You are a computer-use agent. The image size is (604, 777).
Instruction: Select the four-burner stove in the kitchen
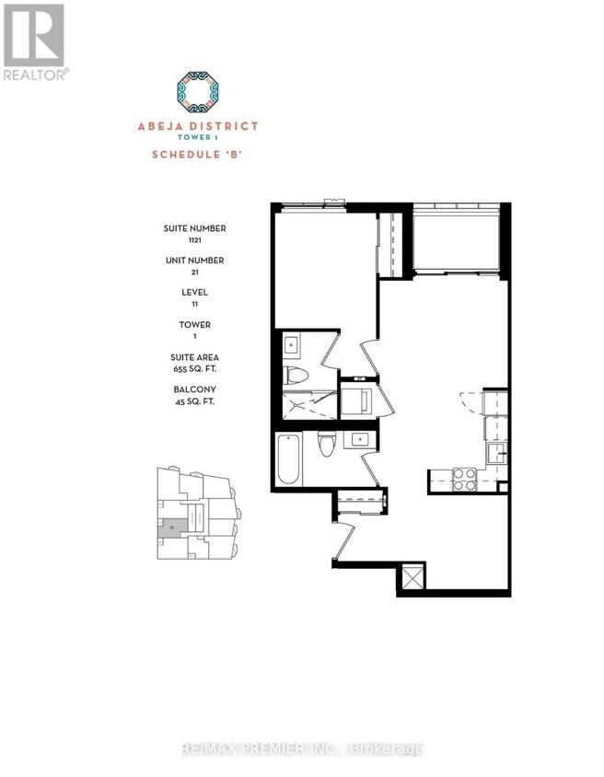tap(463, 479)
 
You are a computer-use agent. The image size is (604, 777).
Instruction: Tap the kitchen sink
tap(495, 451)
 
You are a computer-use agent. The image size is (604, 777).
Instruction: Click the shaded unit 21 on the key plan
tap(172, 527)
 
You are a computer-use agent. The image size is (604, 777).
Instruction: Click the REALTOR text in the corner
tap(34, 75)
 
